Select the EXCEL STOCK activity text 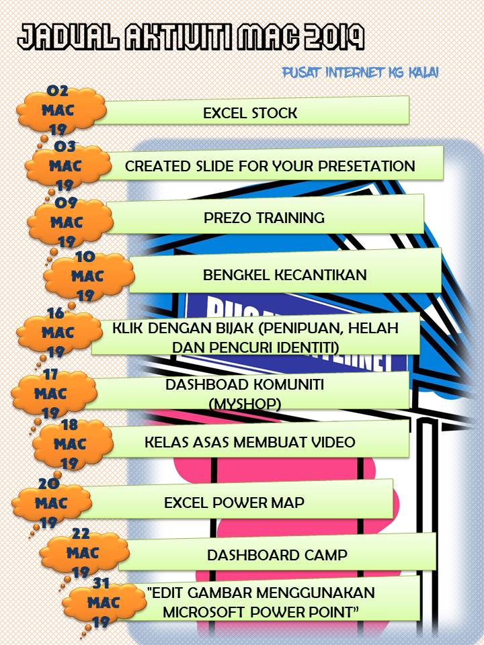(250, 113)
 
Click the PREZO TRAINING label (264, 218)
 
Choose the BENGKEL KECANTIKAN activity (276, 274)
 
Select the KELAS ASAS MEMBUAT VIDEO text (250, 442)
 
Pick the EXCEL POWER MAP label (235, 503)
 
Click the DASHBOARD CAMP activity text (277, 555)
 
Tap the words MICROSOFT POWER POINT (262, 611)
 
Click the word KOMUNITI (288, 385)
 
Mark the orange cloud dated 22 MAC (79, 554)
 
